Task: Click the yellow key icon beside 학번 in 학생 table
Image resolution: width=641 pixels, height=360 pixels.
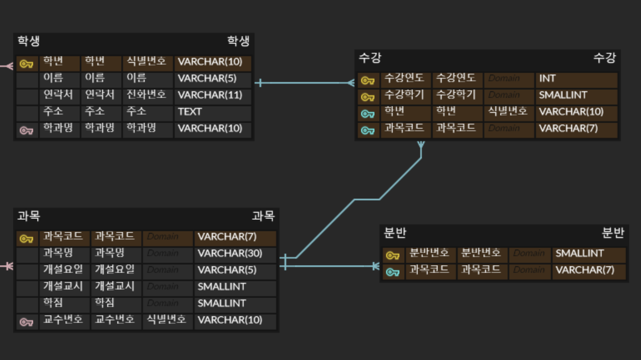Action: point(26,64)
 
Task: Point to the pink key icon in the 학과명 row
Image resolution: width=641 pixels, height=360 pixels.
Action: point(26,130)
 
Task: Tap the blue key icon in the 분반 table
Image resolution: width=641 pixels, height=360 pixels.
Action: point(393,272)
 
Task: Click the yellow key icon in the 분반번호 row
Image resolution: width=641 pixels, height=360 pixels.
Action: point(393,255)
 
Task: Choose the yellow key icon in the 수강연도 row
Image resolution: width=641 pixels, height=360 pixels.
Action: point(368,81)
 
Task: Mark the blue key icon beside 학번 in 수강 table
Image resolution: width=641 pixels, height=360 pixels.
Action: point(368,114)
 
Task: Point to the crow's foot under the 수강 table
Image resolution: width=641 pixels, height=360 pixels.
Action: point(421,145)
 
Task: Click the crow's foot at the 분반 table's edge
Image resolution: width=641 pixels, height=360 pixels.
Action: point(376,266)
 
